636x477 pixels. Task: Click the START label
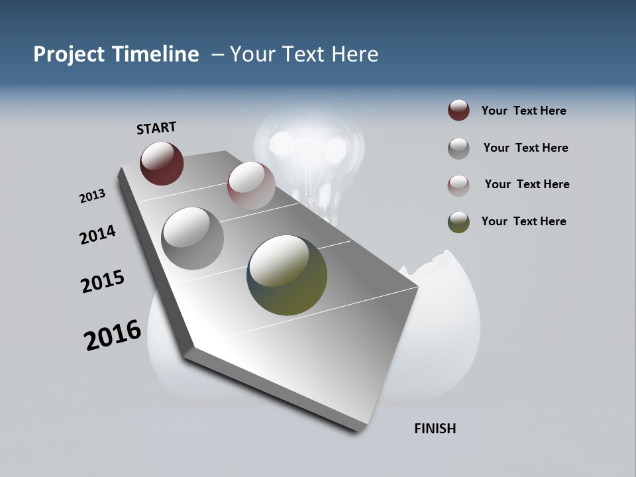(156, 128)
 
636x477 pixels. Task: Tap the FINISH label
(435, 429)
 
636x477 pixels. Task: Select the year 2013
(92, 196)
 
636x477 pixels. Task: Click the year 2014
(97, 235)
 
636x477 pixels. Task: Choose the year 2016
(113, 335)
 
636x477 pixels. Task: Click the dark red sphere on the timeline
(162, 163)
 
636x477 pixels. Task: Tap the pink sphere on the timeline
(251, 186)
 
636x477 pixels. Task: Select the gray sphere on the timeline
(193, 238)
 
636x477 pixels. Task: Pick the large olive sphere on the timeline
(287, 275)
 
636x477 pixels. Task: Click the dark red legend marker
(458, 111)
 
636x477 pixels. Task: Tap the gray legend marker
(458, 148)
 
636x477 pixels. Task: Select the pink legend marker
(458, 185)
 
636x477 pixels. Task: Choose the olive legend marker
(458, 222)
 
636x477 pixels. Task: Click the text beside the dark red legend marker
(524, 111)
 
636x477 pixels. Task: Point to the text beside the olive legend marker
(524, 221)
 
